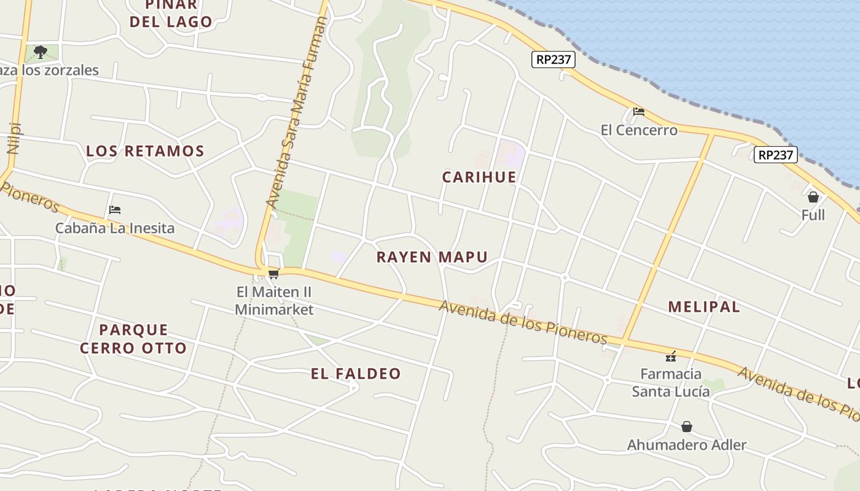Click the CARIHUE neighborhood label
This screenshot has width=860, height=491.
pyautogui.click(x=479, y=177)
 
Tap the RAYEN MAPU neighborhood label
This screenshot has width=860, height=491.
pyautogui.click(x=432, y=257)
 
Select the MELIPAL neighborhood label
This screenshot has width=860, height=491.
pyautogui.click(x=704, y=307)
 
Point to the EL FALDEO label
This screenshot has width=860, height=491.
pyautogui.click(x=356, y=374)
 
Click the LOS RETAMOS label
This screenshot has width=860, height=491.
pyautogui.click(x=145, y=151)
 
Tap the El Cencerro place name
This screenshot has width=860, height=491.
pyautogui.click(x=639, y=130)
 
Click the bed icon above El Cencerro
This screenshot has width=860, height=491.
pyautogui.click(x=639, y=112)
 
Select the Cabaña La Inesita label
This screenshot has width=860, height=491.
pyautogui.click(x=115, y=228)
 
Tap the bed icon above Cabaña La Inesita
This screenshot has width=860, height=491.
pyautogui.click(x=114, y=210)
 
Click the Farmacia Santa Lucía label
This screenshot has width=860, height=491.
pyautogui.click(x=671, y=382)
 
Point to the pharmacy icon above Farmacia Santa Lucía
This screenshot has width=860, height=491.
pyautogui.click(x=671, y=356)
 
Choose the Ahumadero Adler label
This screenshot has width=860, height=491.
pyautogui.click(x=687, y=445)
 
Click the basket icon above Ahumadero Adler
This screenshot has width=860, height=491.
pyautogui.click(x=687, y=426)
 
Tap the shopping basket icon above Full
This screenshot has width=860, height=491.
pyautogui.click(x=813, y=197)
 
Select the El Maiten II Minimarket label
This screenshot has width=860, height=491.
pyautogui.click(x=274, y=300)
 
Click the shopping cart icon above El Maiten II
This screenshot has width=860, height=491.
pyautogui.click(x=274, y=274)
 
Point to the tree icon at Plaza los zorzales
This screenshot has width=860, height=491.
pyautogui.click(x=41, y=52)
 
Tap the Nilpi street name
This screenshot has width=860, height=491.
pyautogui.click(x=14, y=138)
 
